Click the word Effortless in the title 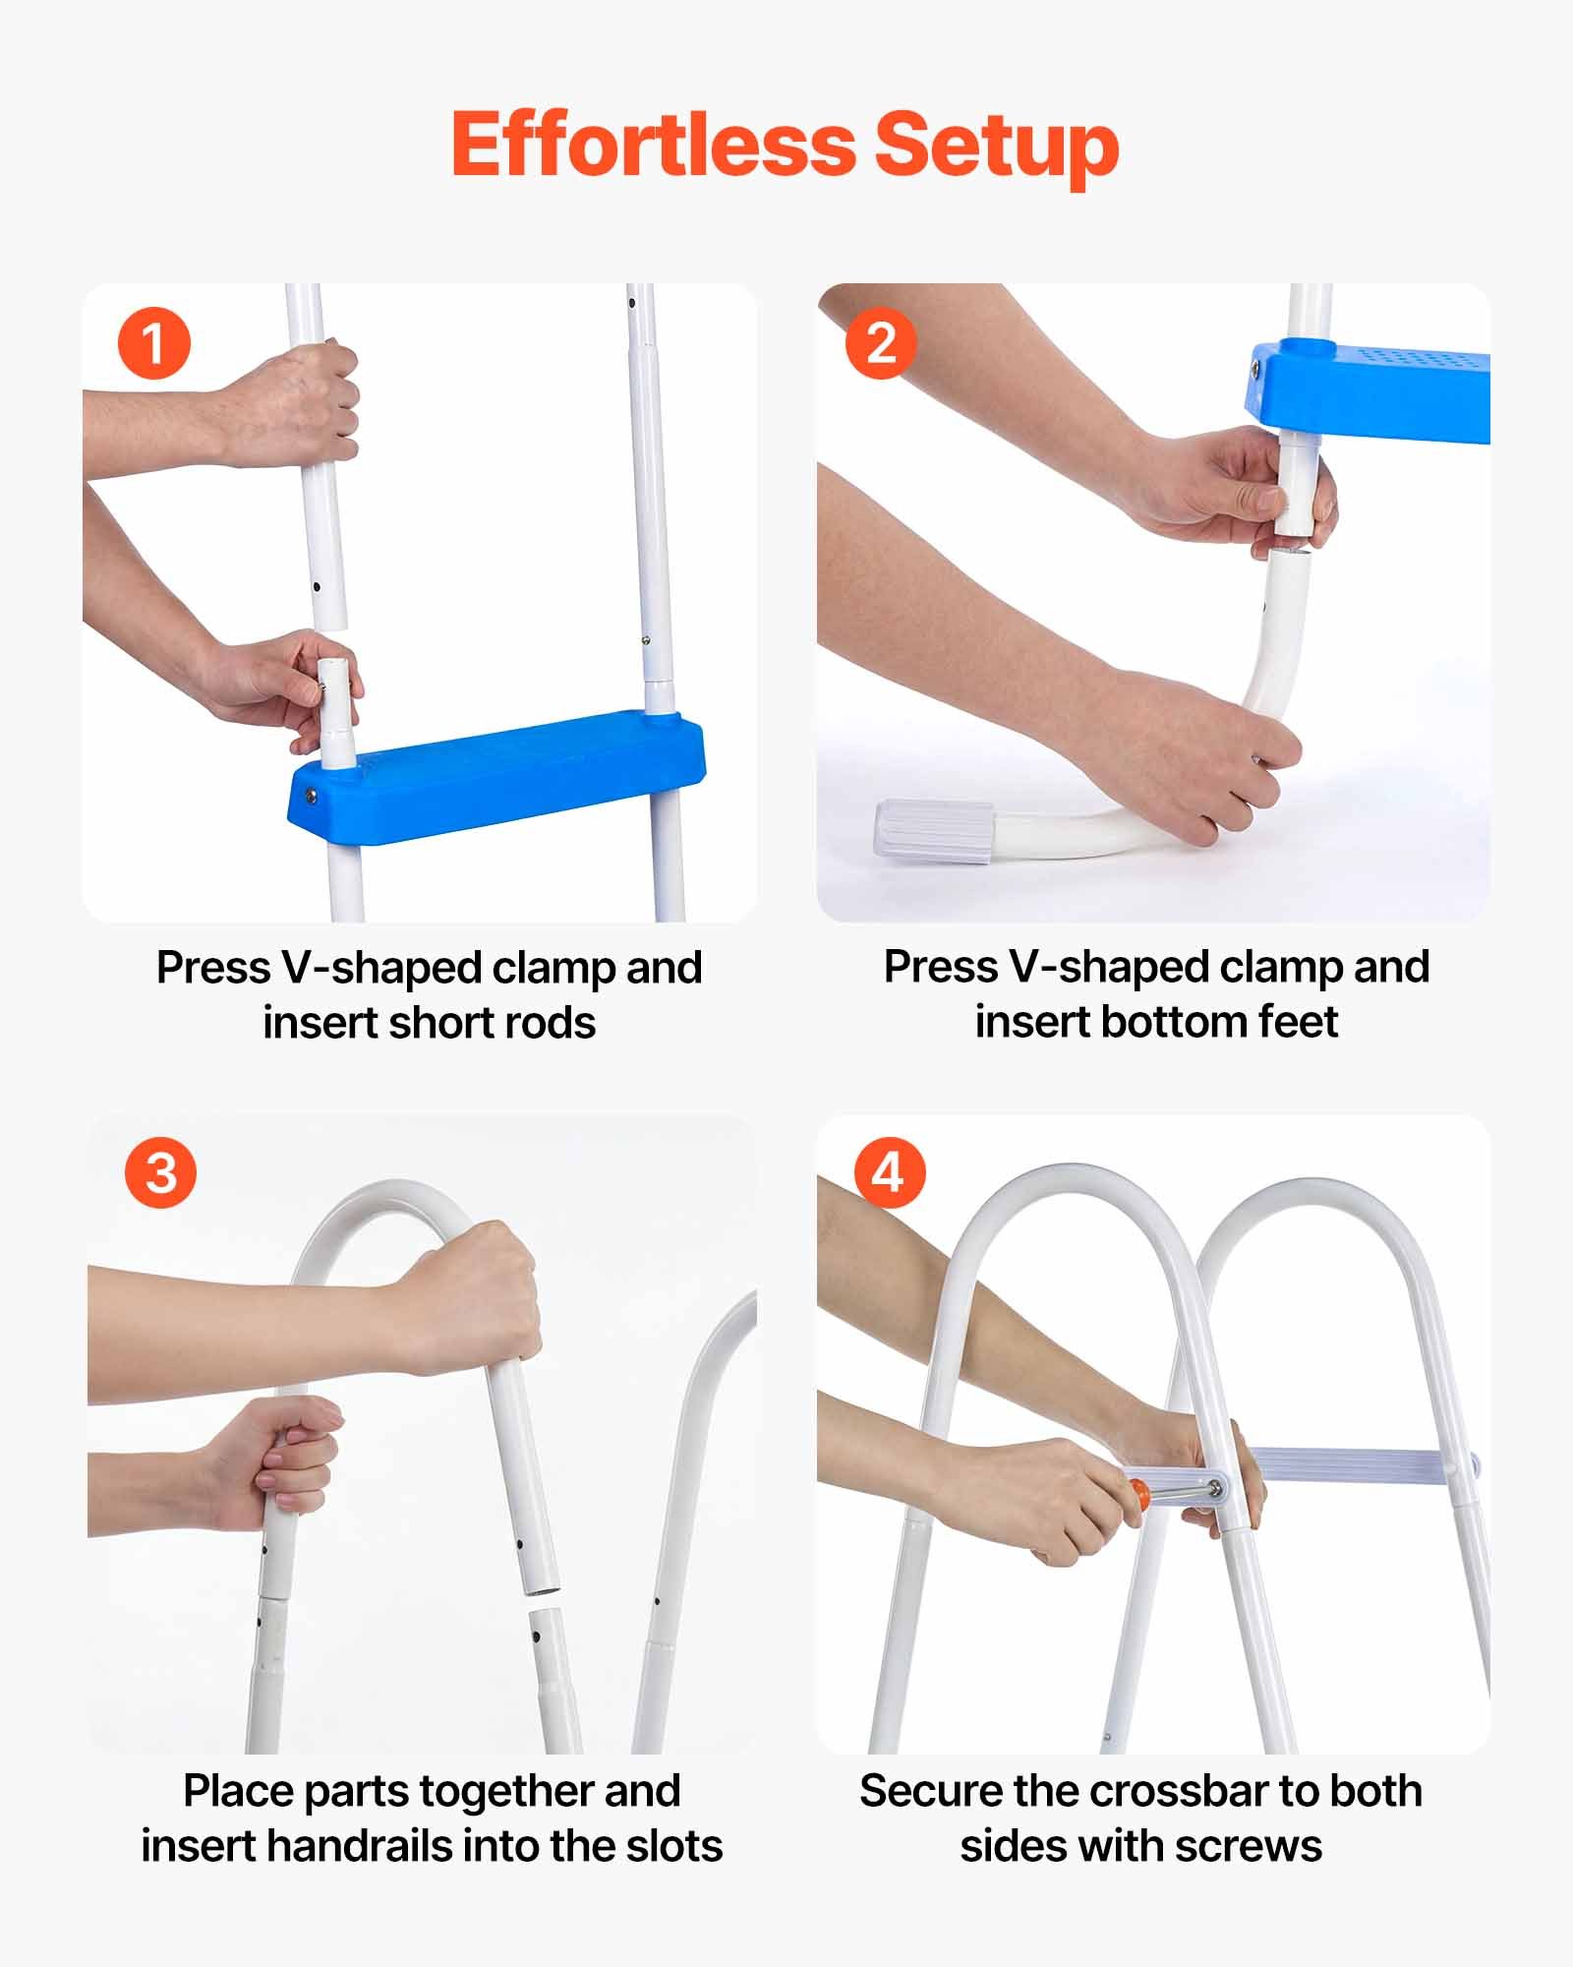coord(654,145)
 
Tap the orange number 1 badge coord(153,344)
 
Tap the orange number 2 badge coord(880,343)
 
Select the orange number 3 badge coord(160,1172)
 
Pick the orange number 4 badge coord(889,1172)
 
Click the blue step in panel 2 coord(1376,388)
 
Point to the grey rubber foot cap coord(934,832)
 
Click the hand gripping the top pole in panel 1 coord(295,403)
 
